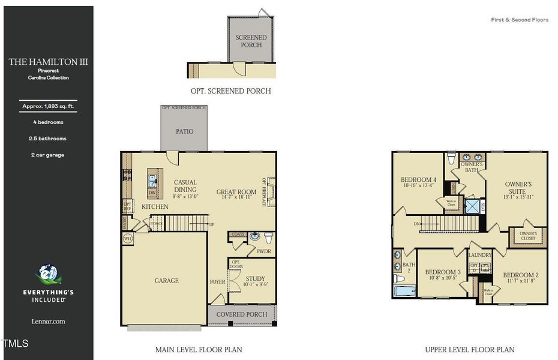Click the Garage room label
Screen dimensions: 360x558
166,280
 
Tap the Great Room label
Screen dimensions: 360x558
236,193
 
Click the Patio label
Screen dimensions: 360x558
184,131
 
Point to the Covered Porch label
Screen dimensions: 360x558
242,314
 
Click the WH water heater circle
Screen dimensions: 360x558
127,239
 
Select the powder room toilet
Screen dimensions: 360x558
268,236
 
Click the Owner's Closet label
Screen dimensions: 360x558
527,236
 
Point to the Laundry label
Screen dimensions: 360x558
481,255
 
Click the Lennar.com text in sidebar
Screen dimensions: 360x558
48,322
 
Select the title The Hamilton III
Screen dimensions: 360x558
48,62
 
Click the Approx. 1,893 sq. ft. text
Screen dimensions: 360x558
48,106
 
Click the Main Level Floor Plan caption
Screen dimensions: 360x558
199,349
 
